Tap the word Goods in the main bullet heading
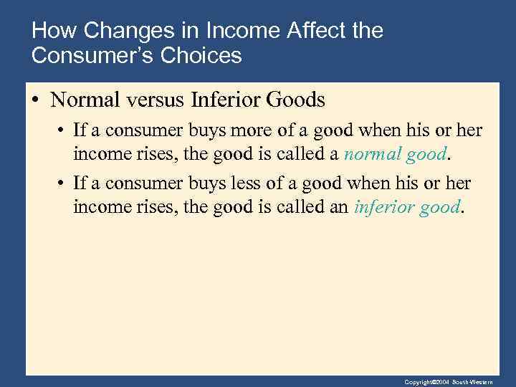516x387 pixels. [295, 100]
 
